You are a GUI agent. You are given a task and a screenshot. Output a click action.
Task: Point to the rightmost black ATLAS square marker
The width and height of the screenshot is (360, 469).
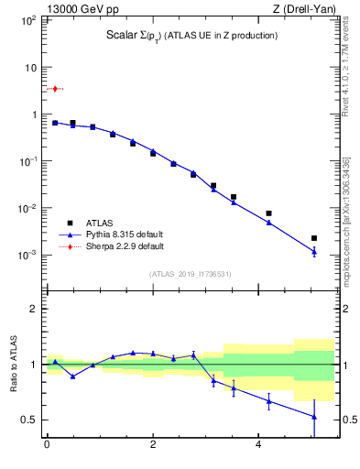(x=314, y=238)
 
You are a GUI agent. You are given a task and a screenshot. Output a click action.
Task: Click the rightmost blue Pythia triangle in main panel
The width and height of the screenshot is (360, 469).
(x=314, y=251)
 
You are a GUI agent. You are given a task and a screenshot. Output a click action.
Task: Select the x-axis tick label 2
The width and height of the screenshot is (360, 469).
(x=153, y=445)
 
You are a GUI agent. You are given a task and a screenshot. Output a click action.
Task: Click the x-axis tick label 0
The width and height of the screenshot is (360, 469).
(x=46, y=445)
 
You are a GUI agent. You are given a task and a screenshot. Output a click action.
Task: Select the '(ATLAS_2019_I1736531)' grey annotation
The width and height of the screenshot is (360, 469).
(x=191, y=273)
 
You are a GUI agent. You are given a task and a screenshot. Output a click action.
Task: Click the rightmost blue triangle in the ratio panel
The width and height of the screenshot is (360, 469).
(x=314, y=417)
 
